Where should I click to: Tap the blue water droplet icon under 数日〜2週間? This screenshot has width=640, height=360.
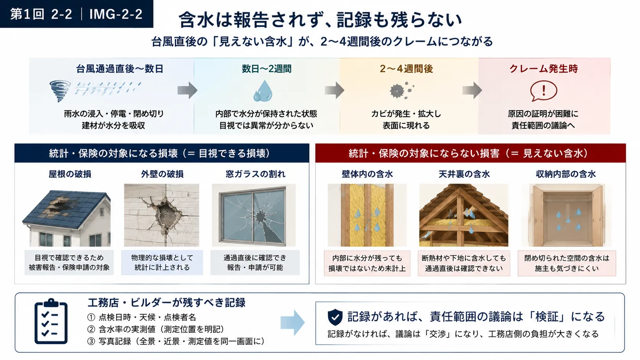(x=263, y=91)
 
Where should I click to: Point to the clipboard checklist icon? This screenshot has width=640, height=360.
(x=51, y=321)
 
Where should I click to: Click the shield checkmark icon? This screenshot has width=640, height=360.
(x=335, y=317)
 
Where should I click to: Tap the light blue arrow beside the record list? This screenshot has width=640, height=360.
(x=292, y=323)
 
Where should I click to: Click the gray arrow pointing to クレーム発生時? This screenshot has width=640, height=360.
(x=472, y=90)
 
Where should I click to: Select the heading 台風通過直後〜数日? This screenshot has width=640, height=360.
(x=120, y=69)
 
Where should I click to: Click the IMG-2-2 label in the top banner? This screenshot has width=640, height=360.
(x=116, y=14)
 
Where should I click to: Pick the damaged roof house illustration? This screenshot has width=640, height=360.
(x=66, y=218)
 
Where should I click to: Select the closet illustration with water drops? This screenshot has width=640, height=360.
(x=567, y=215)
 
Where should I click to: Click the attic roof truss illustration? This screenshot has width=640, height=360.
(x=464, y=215)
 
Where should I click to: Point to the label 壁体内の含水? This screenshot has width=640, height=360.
(x=367, y=174)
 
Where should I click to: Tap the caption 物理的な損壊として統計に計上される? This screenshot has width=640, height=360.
(x=162, y=262)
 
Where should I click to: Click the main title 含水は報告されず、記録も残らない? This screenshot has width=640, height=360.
(x=320, y=20)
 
